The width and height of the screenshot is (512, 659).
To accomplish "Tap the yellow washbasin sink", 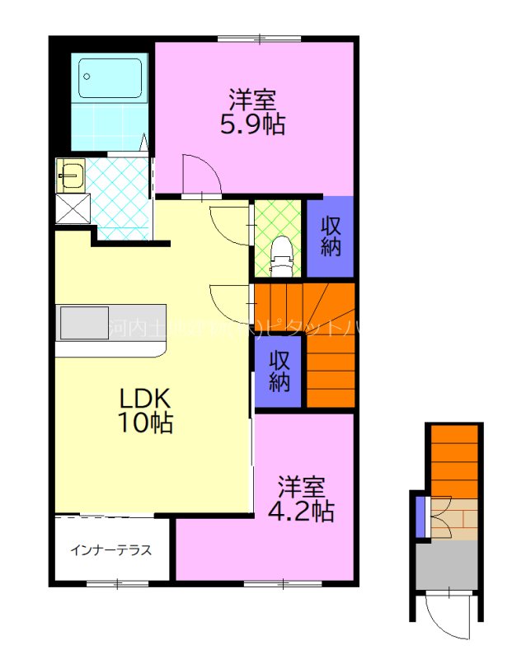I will (x=69, y=175).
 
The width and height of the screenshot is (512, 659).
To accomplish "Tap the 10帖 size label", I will (x=145, y=424).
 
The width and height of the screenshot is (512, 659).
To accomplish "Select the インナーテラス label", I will (x=110, y=550).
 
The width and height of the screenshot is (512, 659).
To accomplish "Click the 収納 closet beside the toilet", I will (x=331, y=236).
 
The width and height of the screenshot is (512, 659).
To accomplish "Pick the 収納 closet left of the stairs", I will (x=279, y=372).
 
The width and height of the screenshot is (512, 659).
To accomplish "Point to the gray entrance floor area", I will (x=447, y=565).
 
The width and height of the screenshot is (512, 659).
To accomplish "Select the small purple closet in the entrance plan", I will (x=420, y=515).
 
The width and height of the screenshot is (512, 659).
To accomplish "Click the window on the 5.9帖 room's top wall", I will (x=257, y=38).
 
